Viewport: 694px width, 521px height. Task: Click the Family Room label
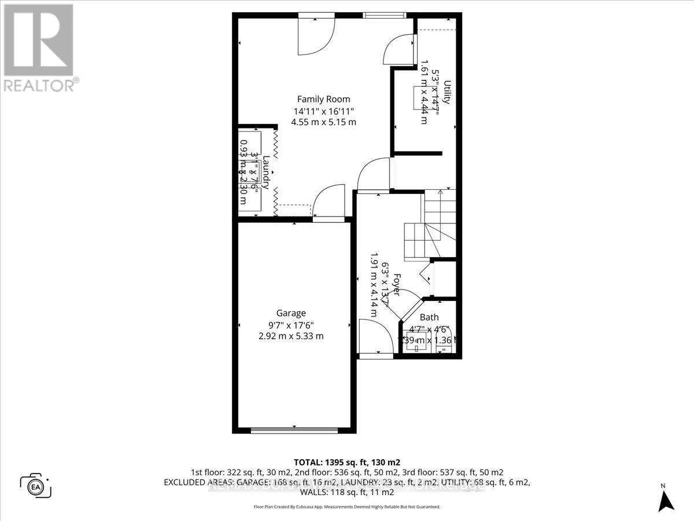pos(323,99)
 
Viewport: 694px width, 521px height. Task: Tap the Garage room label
pos(290,313)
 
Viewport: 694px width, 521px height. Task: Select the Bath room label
pos(429,317)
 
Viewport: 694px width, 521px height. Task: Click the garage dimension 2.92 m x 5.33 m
pos(290,336)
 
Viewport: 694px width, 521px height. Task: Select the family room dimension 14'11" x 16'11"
pos(323,111)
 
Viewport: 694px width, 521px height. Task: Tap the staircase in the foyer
pos(431,223)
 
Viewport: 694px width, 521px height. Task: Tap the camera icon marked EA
pos(36,485)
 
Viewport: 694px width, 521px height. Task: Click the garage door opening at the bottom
pos(294,430)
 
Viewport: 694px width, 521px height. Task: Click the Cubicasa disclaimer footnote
pos(347,507)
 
